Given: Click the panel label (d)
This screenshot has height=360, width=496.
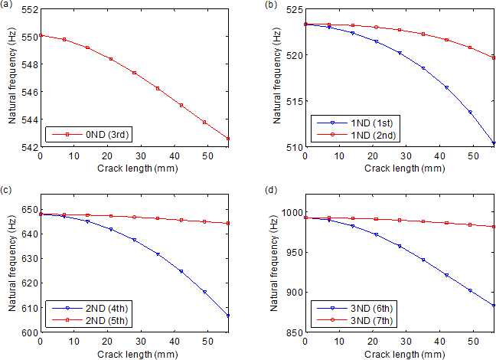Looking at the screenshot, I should click(270, 190).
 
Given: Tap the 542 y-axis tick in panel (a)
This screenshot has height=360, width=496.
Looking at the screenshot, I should click(26, 146).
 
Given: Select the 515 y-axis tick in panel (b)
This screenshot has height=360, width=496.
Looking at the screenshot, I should click(292, 101).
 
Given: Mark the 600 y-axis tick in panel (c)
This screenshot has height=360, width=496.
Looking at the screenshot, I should click(26, 333).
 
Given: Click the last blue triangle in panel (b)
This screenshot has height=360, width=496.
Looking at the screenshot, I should click(493, 143).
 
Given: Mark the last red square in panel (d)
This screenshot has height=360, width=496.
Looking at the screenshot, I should click(493, 227).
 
